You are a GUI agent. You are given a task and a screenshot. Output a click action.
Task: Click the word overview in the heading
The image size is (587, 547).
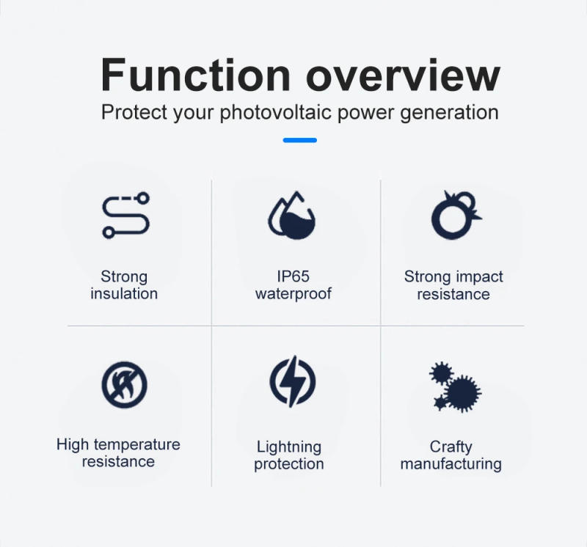coord(402,76)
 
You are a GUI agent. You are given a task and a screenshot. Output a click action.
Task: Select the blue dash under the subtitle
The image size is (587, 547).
coord(299,140)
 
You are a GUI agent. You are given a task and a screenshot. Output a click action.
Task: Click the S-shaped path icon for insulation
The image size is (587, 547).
coord(125,216)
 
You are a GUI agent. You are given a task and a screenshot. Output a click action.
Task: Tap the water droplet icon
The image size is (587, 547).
coord(291,216)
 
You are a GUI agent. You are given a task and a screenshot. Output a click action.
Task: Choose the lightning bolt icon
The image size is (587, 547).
coord(293,382)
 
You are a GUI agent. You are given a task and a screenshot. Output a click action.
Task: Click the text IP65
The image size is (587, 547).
coord(293,277)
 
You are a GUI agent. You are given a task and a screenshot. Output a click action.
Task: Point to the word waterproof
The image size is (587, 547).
coord(293,294)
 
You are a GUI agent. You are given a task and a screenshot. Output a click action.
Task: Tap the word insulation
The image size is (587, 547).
coord(124,294)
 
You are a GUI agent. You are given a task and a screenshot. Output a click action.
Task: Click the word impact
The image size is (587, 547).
coord(479,277)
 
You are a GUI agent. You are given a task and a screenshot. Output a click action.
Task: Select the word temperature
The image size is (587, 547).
coord(136,445)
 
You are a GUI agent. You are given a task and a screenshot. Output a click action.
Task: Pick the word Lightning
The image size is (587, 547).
coord(289,447)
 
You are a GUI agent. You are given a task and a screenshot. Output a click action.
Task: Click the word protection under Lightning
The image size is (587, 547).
coord(289,464)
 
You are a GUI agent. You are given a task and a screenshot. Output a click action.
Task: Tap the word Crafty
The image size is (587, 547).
coord(451,447)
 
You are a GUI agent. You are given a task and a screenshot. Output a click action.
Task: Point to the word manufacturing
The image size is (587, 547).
coord(451,464)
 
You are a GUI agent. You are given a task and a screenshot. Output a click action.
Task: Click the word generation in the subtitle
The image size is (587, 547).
coord(449,113)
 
